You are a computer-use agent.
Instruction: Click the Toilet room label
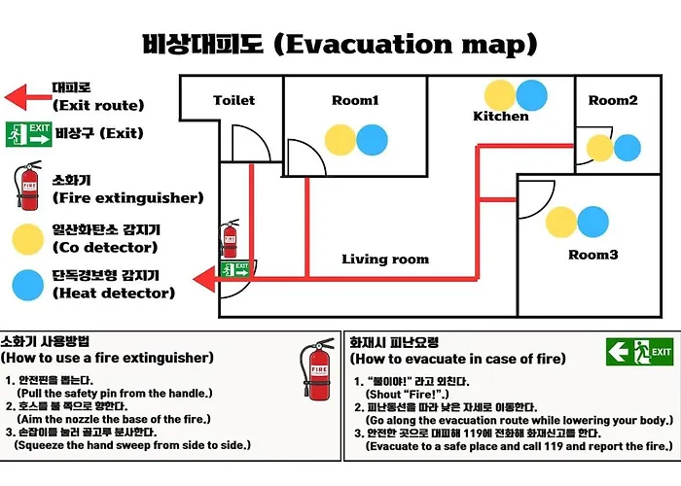(234, 100)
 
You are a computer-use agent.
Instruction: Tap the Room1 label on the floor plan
(355, 100)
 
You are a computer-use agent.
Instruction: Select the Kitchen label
(501, 116)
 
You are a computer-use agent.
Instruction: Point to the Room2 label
(613, 100)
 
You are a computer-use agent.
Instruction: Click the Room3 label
(592, 255)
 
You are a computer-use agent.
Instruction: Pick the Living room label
(385, 260)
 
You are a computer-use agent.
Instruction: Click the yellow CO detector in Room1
(340, 140)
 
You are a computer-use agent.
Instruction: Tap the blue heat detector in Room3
(592, 222)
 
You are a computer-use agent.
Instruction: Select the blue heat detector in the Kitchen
(531, 95)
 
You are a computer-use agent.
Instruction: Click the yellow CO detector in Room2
(600, 148)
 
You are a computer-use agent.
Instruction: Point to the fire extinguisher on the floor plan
(230, 238)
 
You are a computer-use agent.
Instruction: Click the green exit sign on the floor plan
(235, 269)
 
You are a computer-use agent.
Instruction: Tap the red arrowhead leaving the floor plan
(204, 279)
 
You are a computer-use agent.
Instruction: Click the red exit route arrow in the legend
(28, 97)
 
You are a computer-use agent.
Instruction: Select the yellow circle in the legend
(28, 239)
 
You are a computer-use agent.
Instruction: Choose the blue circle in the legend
(28, 285)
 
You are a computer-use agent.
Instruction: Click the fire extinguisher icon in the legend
(28, 186)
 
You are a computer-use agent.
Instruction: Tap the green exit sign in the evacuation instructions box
(640, 352)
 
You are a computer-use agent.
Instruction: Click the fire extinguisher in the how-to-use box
(317, 368)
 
